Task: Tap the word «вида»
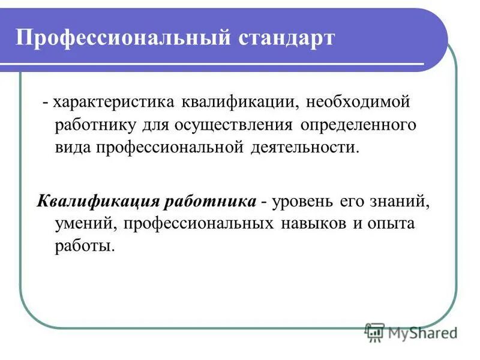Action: click(x=71, y=148)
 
